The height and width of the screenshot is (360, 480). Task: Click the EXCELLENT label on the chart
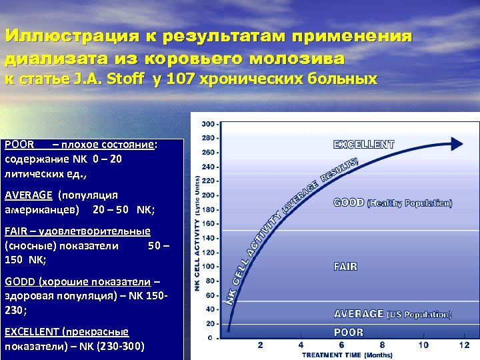click(x=364, y=144)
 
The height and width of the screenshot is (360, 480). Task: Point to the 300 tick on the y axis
click(x=209, y=124)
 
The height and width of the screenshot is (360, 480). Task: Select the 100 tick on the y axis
click(x=209, y=267)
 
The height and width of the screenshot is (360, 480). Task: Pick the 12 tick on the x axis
click(x=464, y=345)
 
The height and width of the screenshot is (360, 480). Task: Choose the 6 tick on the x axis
click(x=341, y=345)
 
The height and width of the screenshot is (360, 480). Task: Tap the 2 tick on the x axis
click(x=260, y=345)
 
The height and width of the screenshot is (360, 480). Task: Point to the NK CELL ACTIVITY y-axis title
click(x=197, y=233)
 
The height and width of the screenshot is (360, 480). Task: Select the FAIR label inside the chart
click(x=345, y=267)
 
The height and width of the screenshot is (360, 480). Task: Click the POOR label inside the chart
click(x=349, y=332)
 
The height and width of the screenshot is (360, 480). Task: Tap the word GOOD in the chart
click(x=349, y=203)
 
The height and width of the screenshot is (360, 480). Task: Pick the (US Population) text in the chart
click(x=419, y=314)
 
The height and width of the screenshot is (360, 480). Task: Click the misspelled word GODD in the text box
click(x=20, y=282)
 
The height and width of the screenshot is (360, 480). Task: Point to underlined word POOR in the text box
click(x=19, y=144)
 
